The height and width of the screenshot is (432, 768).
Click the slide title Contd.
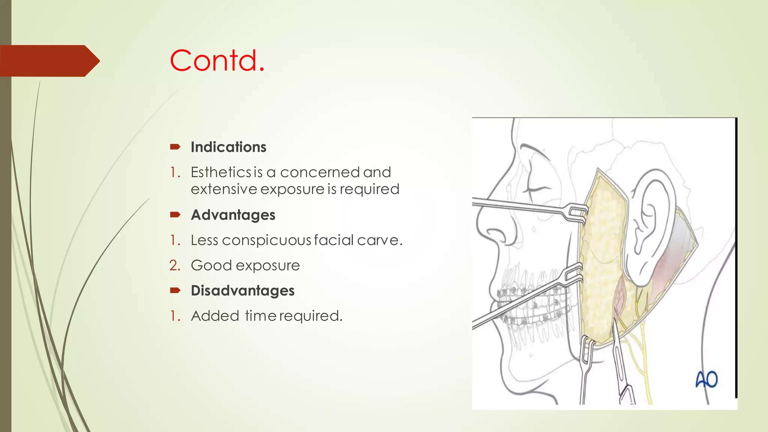(217, 60)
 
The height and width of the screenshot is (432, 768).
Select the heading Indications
(228, 147)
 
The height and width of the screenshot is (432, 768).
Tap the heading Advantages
(233, 215)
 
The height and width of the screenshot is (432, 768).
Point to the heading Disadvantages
(243, 291)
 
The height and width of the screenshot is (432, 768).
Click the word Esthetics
(221, 172)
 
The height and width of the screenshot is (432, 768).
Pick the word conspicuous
(267, 240)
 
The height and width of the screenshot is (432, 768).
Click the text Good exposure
(245, 265)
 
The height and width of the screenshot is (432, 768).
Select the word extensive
(224, 189)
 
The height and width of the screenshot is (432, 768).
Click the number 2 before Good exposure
(174, 265)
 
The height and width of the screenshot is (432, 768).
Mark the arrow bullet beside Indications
(175, 147)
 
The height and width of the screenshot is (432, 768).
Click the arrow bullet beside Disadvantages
(175, 290)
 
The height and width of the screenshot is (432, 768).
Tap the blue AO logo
(706, 379)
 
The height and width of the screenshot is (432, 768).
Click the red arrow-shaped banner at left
(49, 61)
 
